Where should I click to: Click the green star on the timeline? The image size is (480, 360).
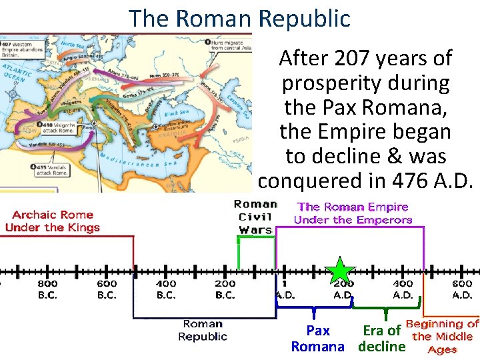pyautogui.click(x=341, y=271)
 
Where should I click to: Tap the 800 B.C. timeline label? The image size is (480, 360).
pyautogui.click(x=47, y=289)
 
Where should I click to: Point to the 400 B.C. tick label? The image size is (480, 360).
pyautogui.click(x=165, y=289)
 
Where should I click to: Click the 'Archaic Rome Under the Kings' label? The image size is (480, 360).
pyautogui.click(x=52, y=221)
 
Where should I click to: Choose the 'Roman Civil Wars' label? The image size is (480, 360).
pyautogui.click(x=255, y=217)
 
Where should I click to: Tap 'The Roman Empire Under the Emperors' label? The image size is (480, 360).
pyautogui.click(x=353, y=213)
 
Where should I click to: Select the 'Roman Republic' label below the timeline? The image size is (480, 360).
pyautogui.click(x=203, y=330)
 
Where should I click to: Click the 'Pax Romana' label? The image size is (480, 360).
pyautogui.click(x=318, y=338)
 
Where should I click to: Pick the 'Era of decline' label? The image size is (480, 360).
pyautogui.click(x=381, y=338)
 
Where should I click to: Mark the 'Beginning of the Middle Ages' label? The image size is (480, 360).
pyautogui.click(x=442, y=336)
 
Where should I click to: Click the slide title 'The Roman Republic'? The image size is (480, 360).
pyautogui.click(x=239, y=18)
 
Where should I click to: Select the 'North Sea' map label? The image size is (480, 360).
pyautogui.click(x=73, y=45)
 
